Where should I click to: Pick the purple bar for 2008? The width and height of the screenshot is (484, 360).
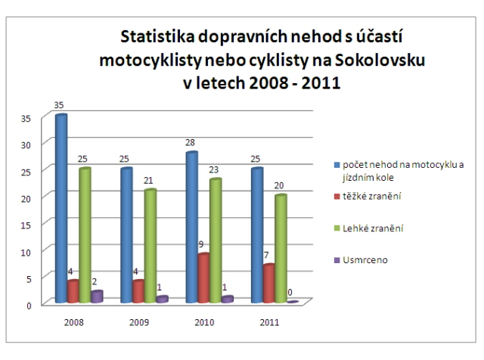click(x=97, y=296)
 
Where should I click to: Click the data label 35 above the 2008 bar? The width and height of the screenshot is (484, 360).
click(x=60, y=107)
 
